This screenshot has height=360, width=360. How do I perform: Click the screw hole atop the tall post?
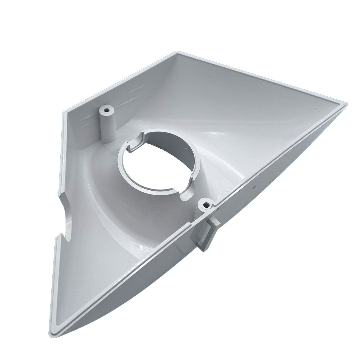(x=107, y=109)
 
